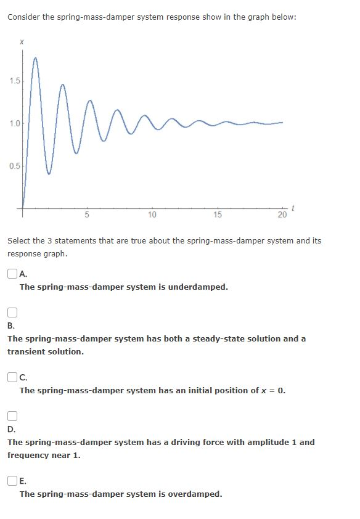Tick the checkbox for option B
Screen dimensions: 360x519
click(12, 313)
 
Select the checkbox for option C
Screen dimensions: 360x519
click(12, 377)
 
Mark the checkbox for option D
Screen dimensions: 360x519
click(12, 416)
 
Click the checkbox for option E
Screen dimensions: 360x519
click(12, 481)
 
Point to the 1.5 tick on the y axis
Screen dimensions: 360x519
click(15, 81)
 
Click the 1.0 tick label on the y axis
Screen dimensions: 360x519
click(15, 123)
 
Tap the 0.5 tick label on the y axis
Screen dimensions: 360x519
click(15, 166)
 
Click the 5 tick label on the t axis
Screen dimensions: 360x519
click(87, 215)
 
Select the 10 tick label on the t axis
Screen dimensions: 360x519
click(152, 215)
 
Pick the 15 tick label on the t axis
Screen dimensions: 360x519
click(217, 215)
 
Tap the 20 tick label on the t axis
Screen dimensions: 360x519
click(282, 215)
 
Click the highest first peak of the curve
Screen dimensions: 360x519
click(36, 57)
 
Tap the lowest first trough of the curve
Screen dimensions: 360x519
click(49, 174)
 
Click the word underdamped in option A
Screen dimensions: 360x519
click(198, 287)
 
